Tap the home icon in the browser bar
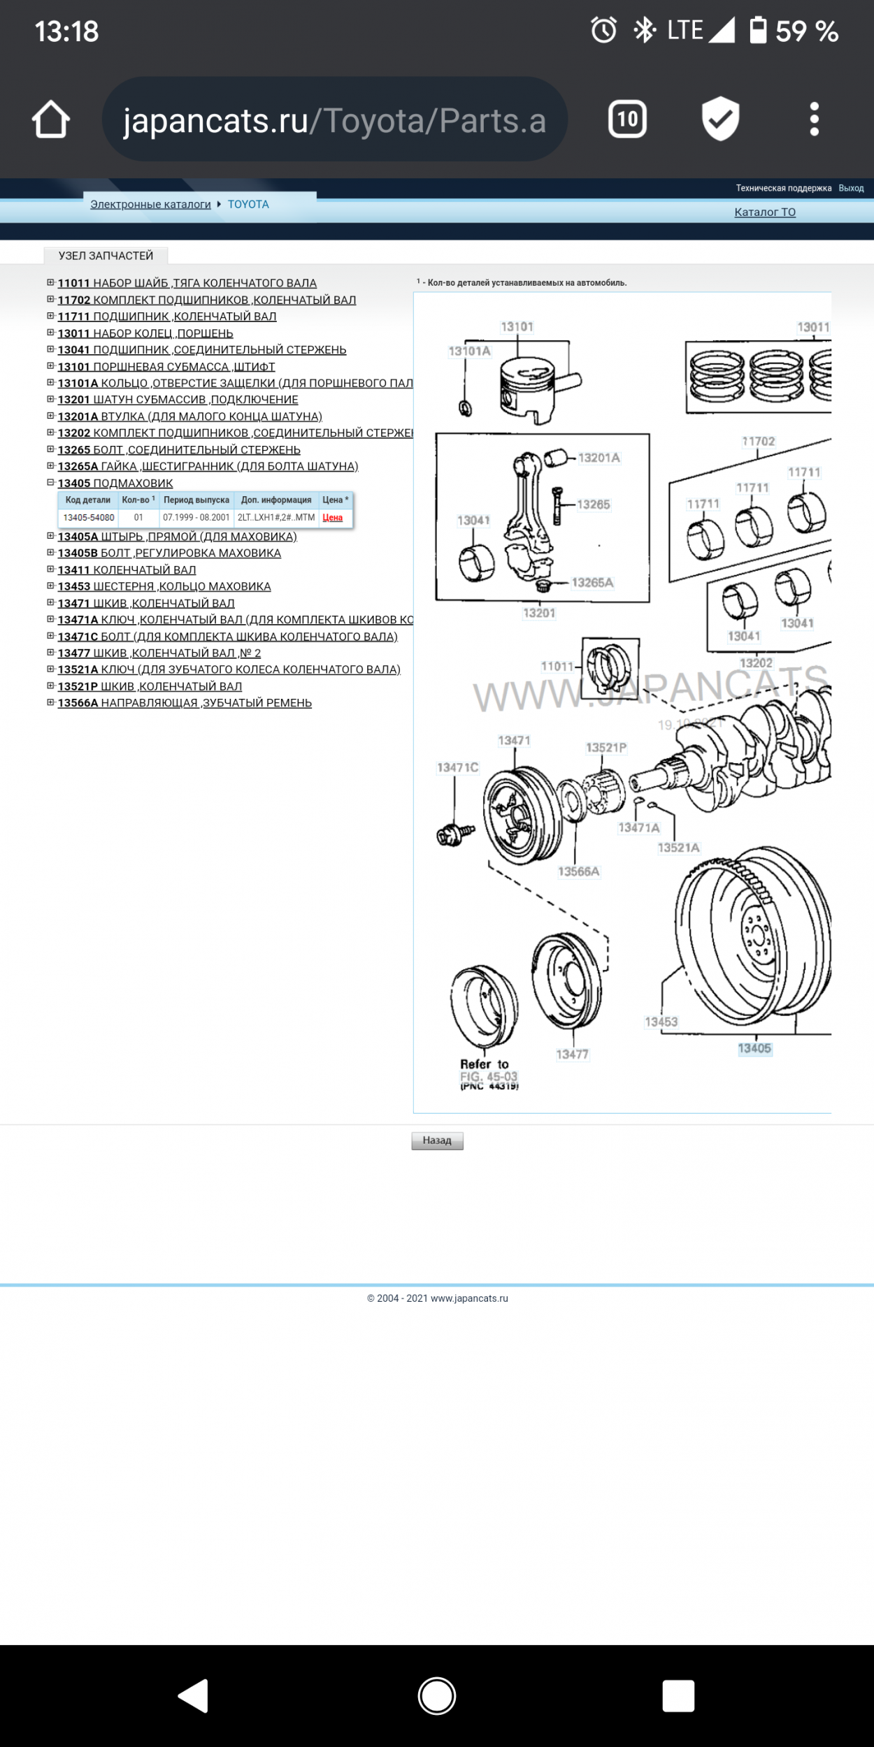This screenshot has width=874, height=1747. (x=51, y=119)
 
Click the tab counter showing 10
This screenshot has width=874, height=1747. (x=627, y=119)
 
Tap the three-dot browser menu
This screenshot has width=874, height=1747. (x=814, y=119)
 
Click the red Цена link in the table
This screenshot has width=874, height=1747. (x=332, y=518)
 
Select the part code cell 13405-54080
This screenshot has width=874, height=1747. (x=89, y=518)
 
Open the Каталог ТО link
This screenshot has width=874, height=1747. (x=765, y=212)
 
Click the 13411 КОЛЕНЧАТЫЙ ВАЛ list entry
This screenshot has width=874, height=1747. (x=127, y=570)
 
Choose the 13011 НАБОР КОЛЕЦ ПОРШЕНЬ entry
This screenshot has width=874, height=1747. (x=145, y=333)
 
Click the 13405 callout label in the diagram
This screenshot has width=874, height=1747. (x=754, y=1048)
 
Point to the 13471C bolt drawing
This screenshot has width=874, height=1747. (x=454, y=833)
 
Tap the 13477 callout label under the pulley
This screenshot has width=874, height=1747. (x=572, y=1054)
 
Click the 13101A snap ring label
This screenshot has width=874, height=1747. (x=469, y=351)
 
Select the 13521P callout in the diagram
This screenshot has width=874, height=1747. (x=606, y=748)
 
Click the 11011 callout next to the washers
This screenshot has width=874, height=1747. (x=557, y=667)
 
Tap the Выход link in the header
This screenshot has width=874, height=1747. (x=851, y=188)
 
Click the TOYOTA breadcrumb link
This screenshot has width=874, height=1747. (x=248, y=204)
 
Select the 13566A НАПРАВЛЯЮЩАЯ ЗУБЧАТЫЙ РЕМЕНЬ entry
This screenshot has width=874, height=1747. (x=185, y=703)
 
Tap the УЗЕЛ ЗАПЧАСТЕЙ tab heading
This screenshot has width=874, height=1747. (x=106, y=256)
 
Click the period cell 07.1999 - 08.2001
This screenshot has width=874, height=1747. (x=196, y=518)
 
